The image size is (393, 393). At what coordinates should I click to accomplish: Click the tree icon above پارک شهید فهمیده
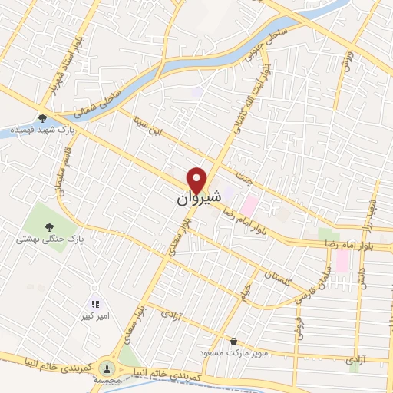(x=42, y=118)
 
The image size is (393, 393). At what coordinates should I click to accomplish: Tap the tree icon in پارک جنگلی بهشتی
(x=50, y=226)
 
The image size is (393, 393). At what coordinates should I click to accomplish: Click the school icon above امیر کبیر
(x=95, y=305)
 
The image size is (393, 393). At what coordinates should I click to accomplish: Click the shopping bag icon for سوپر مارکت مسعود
(x=233, y=342)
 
